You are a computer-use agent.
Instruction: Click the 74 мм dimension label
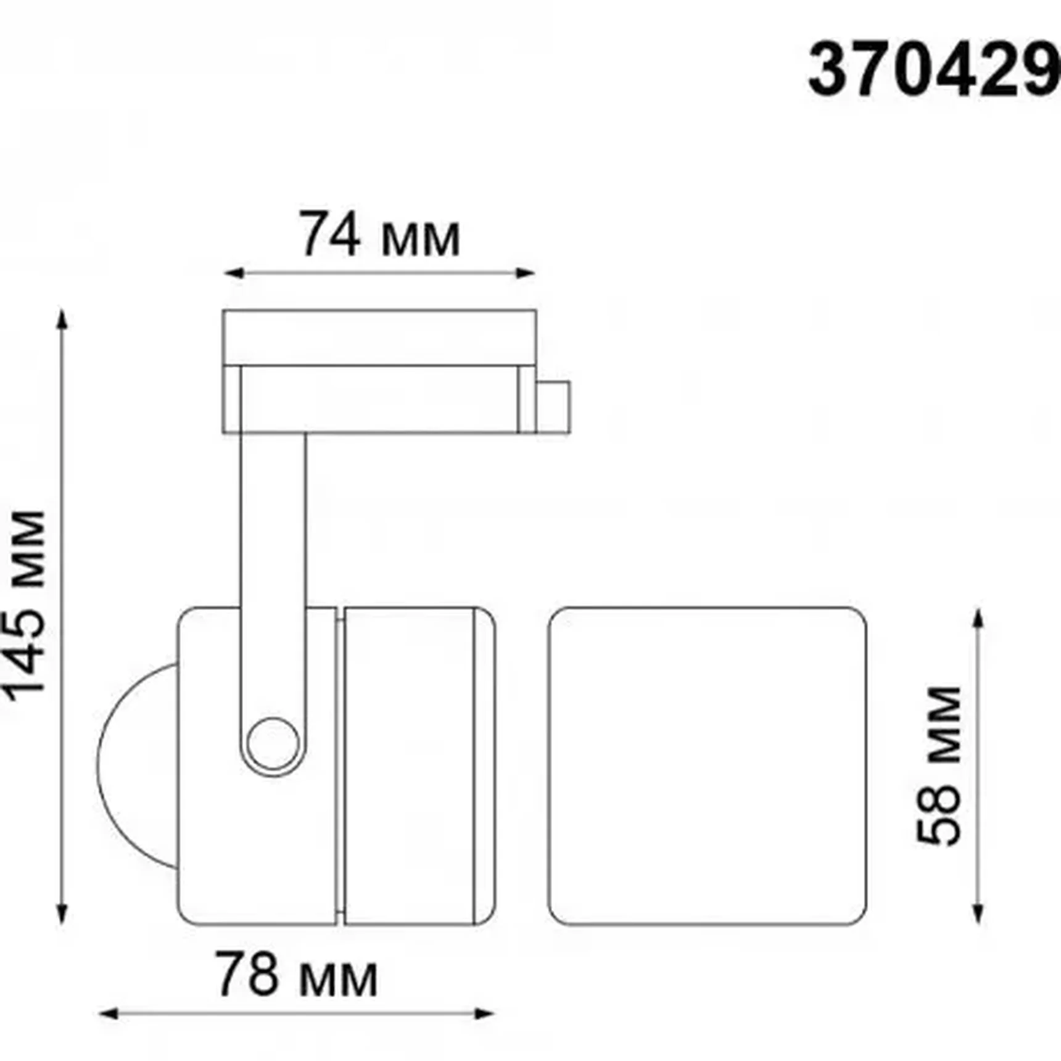pyautogui.click(x=379, y=235)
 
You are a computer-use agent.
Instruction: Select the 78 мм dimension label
pyautogui.click(x=296, y=975)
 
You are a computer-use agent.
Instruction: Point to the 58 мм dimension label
pyautogui.click(x=938, y=766)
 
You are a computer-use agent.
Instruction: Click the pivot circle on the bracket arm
pyautogui.click(x=273, y=744)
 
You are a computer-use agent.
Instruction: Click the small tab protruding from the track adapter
pyautogui.click(x=553, y=407)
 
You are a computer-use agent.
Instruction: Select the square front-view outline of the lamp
pyautogui.click(x=707, y=766)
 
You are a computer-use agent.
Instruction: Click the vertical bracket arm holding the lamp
pyautogui.click(x=273, y=555)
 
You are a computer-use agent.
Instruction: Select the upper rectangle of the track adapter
pyautogui.click(x=379, y=337)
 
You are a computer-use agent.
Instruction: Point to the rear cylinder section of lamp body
pyautogui.click(x=410, y=766)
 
